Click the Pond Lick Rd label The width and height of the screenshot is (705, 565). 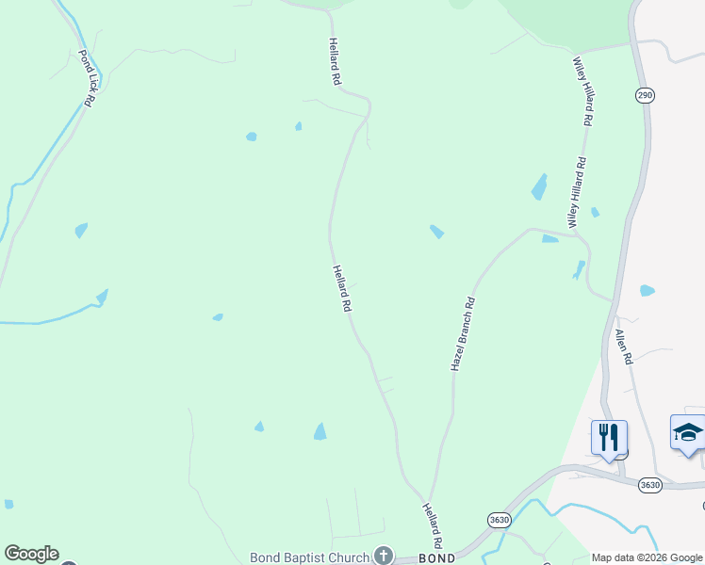pos(86,77)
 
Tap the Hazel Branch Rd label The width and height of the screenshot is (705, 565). pos(463,333)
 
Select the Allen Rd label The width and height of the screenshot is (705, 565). pos(623,347)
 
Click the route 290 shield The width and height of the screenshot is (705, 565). pos(645,95)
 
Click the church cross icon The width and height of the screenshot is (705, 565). pos(383,555)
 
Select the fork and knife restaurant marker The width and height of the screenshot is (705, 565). pos(609,438)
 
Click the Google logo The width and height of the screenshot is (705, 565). pos(31,554)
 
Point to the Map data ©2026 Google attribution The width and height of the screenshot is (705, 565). pos(647,557)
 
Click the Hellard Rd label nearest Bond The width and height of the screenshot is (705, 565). pos(432,525)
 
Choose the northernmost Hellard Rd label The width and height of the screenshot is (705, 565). pos(334,62)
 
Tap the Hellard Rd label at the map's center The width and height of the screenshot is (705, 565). pos(341,288)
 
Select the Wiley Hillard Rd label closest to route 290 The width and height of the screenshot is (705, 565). pos(584,90)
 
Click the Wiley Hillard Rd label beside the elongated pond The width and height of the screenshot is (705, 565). pos(577,191)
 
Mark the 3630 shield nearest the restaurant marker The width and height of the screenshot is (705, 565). pos(650,485)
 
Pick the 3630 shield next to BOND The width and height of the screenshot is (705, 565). pos(500,519)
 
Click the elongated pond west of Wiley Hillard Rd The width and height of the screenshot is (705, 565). pos(539,186)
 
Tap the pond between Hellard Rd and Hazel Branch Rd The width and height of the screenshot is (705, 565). pos(436,231)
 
